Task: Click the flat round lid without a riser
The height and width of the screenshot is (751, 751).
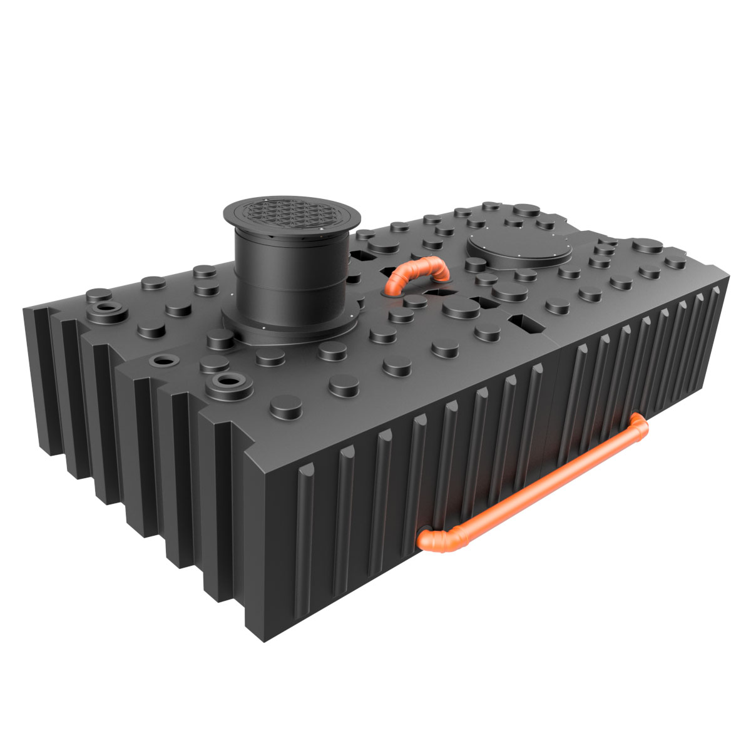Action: (519, 250)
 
